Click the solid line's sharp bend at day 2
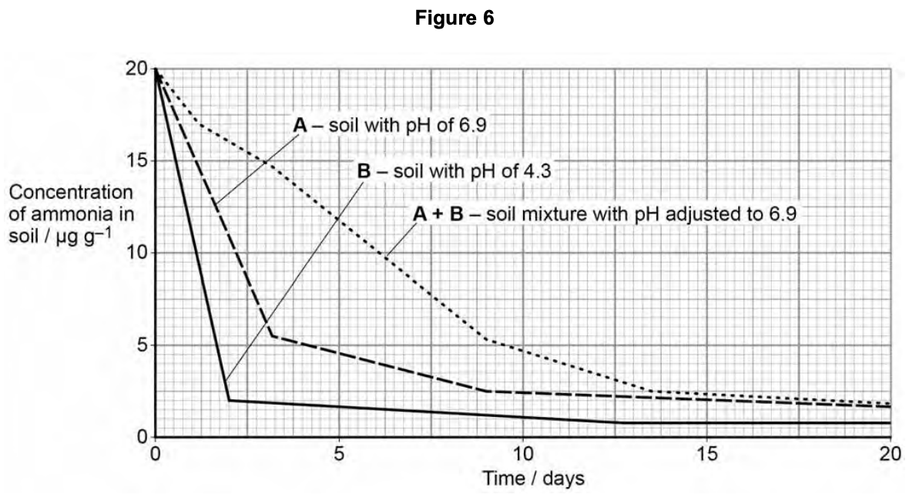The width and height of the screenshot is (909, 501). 229,400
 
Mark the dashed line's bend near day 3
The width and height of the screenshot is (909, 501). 273,335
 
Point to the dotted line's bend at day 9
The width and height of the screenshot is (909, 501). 486,340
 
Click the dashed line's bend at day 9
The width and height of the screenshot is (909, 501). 486,391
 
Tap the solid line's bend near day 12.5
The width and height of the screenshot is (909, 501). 616,422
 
